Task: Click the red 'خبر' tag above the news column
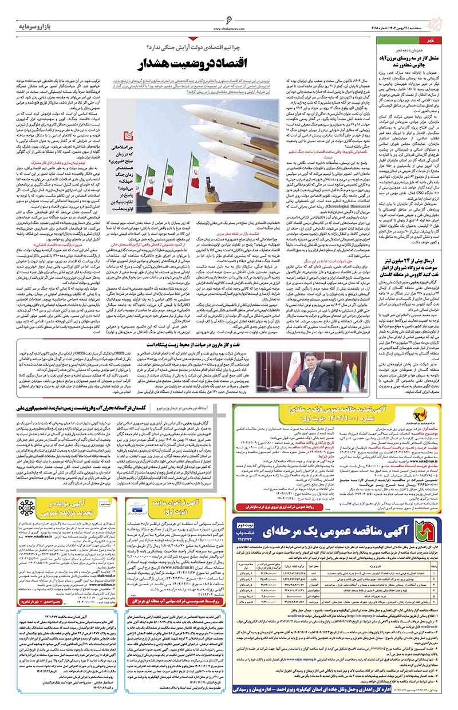(436, 42)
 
